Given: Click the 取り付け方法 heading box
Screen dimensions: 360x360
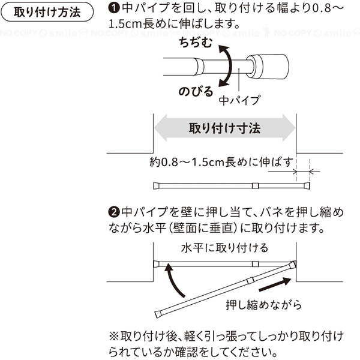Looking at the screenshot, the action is pos(47,12).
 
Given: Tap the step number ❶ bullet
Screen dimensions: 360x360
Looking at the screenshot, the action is pos(114,8).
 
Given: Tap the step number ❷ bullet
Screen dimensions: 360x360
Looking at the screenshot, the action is pos(114,212).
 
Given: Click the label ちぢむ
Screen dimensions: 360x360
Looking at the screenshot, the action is pos(196,43).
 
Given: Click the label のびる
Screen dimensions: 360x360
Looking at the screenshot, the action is pos(196,92).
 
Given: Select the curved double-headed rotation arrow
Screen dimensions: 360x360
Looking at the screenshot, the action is pos(226,66).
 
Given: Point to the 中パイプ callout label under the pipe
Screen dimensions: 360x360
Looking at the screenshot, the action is pos(239,100).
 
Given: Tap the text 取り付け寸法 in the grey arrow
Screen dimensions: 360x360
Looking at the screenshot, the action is pos(224,128).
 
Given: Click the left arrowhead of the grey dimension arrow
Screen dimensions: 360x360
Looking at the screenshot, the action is pos(161,128).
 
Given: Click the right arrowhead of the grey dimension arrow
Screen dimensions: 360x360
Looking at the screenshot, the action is pos(289,128).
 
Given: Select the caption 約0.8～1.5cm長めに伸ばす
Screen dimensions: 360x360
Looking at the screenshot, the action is pos(221,163).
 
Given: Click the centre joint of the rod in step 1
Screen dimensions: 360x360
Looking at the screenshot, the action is pos(255,185).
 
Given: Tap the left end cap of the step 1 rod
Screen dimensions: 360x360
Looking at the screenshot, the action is pos(156,185).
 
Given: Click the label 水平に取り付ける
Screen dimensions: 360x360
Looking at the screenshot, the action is pos(224,248).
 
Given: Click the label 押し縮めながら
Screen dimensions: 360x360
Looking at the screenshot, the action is pos(264,305).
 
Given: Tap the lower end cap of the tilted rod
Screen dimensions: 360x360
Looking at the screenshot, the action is pos(158,314).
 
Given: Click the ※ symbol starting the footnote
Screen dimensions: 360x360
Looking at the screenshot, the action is pos(114,337).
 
